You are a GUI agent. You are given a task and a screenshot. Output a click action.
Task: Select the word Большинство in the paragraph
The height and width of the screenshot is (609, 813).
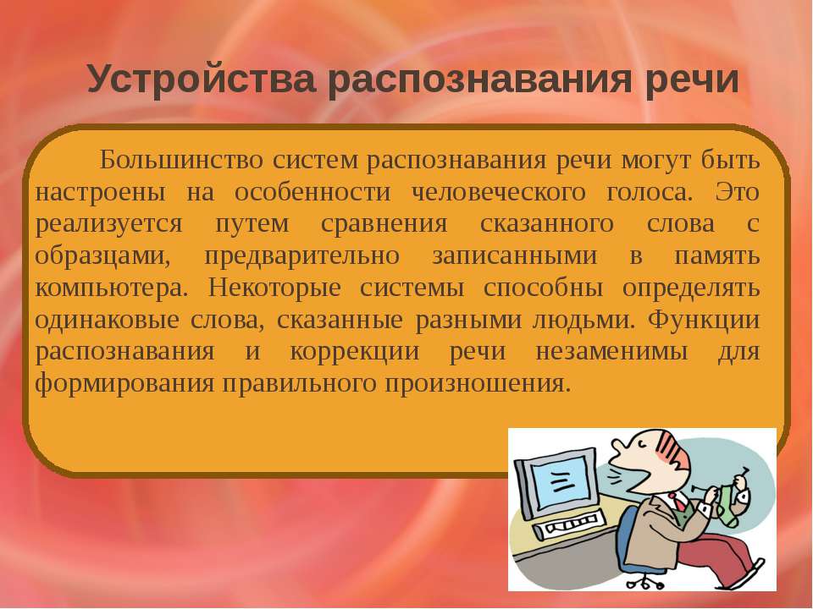coord(181,160)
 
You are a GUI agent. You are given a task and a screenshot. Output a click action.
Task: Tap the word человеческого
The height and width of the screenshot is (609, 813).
coord(498,193)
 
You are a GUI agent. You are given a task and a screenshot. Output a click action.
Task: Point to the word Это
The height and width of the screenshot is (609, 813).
coord(737,192)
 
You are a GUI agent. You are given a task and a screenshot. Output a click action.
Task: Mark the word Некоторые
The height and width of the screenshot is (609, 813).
coord(274,288)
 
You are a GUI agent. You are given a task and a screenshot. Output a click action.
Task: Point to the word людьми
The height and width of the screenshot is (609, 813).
coord(583,321)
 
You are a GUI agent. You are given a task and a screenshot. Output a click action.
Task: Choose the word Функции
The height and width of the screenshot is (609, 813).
coord(704,320)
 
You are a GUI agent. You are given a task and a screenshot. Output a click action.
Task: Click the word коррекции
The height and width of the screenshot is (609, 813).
coord(355,352)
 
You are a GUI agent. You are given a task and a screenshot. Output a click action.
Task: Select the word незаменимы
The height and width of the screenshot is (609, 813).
coord(611,352)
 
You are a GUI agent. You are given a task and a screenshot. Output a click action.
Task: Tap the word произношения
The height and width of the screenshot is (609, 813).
coord(478,384)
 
